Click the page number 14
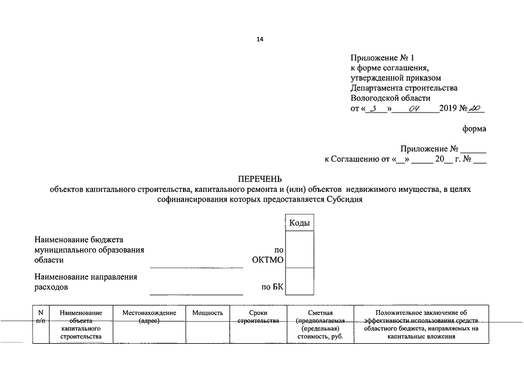[x=259, y=39]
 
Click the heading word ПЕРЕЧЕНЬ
[x=261, y=177]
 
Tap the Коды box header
[x=299, y=224]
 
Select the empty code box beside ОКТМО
[x=299, y=250]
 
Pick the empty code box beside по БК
[x=299, y=282]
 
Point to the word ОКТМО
[x=268, y=260]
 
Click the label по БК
[x=273, y=287]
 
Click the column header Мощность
[x=207, y=313]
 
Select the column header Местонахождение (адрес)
[x=149, y=317]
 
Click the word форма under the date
[x=474, y=129]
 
